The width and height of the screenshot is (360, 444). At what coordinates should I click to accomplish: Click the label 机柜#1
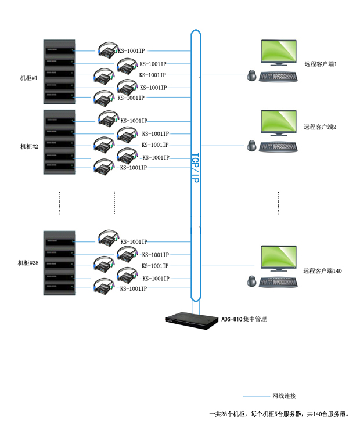click(28, 78)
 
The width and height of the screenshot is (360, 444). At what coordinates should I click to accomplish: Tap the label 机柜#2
click(29, 146)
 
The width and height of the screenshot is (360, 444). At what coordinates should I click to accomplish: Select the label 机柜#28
click(28, 263)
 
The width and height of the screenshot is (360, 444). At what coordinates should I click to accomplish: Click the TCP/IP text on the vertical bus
click(196, 168)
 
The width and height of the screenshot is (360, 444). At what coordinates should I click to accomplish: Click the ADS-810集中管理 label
click(244, 319)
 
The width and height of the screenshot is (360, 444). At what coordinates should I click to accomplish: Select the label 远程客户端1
click(321, 64)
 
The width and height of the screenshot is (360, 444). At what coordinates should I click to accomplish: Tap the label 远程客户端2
click(320, 127)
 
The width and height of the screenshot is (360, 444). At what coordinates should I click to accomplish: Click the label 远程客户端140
click(322, 271)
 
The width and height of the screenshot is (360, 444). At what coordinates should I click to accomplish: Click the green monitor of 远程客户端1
click(279, 52)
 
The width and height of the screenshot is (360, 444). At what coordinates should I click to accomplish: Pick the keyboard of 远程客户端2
click(278, 147)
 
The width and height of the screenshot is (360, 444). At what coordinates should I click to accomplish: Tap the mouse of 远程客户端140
click(251, 281)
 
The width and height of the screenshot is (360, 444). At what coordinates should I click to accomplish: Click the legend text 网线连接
click(284, 396)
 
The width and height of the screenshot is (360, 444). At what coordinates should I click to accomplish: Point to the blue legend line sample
click(256, 396)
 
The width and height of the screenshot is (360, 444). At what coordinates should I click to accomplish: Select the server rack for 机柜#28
click(59, 263)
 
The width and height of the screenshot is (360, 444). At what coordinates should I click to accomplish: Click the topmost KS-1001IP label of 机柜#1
click(131, 51)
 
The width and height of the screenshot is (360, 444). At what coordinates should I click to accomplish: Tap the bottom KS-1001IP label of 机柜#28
click(134, 288)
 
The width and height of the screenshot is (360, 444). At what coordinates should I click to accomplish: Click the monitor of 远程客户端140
click(279, 258)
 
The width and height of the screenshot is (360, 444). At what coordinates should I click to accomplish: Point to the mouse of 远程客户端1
click(251, 75)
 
